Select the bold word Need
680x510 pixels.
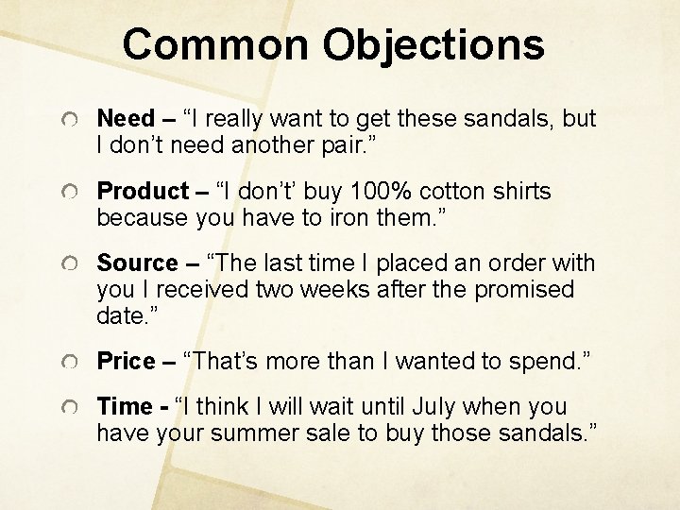click(x=125, y=119)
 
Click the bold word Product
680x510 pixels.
click(x=143, y=192)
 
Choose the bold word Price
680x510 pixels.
click(x=126, y=360)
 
